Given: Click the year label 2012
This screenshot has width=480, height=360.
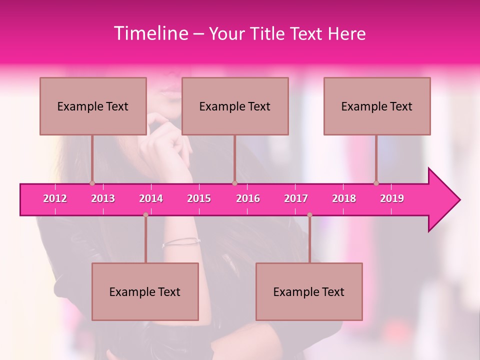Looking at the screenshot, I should pyautogui.click(x=55, y=198).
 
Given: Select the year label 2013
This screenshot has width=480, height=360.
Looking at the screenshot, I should pyautogui.click(x=103, y=198).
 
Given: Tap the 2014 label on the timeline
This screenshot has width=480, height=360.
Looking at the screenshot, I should pyautogui.click(x=151, y=198).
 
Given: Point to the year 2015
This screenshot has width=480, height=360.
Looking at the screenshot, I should pyautogui.click(x=199, y=198).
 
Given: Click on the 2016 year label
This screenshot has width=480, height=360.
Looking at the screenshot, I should pyautogui.click(x=248, y=198).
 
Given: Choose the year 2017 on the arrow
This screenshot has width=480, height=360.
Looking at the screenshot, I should pyautogui.click(x=296, y=198).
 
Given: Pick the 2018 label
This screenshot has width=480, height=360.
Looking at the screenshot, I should pyautogui.click(x=344, y=198).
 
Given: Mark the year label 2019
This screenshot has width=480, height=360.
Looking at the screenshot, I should pyautogui.click(x=392, y=198).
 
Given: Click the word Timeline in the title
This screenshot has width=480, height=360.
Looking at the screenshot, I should pyautogui.click(x=150, y=33).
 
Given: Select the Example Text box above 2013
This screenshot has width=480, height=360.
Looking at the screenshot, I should pyautogui.click(x=93, y=106).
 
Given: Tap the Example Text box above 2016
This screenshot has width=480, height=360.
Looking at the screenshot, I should pyautogui.click(x=235, y=106).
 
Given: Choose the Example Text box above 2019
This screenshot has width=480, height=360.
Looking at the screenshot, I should pyautogui.click(x=377, y=106).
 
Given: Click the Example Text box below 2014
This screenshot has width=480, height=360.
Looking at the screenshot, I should pyautogui.click(x=145, y=291).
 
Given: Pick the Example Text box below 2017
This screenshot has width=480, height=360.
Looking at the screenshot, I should pyautogui.click(x=309, y=291).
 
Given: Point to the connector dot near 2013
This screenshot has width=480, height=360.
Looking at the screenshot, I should pyautogui.click(x=92, y=183).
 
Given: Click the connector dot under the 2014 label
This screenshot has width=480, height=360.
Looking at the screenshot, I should pyautogui.click(x=145, y=215).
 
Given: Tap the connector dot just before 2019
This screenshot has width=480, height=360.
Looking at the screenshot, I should pyautogui.click(x=376, y=183).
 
